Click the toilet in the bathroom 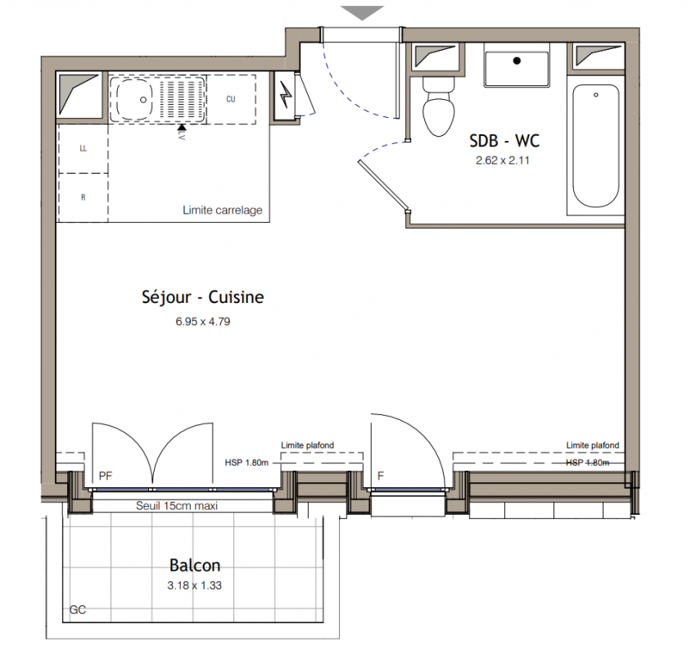click(439, 106)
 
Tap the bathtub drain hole click(595, 95)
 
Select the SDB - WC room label click(504, 141)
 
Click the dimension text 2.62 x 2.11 click(503, 160)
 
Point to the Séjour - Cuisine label click(203, 297)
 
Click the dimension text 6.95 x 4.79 click(203, 321)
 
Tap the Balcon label click(195, 566)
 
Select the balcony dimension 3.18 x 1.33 click(194, 585)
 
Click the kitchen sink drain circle click(143, 100)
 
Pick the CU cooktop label click(231, 99)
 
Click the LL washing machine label click(83, 148)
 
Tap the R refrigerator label click(83, 197)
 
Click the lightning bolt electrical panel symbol click(287, 97)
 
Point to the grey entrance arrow click(363, 13)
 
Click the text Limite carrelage click(223, 210)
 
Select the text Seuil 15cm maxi click(177, 506)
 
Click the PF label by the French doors click(105, 477)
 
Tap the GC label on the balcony click(78, 610)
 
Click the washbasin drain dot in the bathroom click(517, 61)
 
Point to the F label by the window click(381, 477)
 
